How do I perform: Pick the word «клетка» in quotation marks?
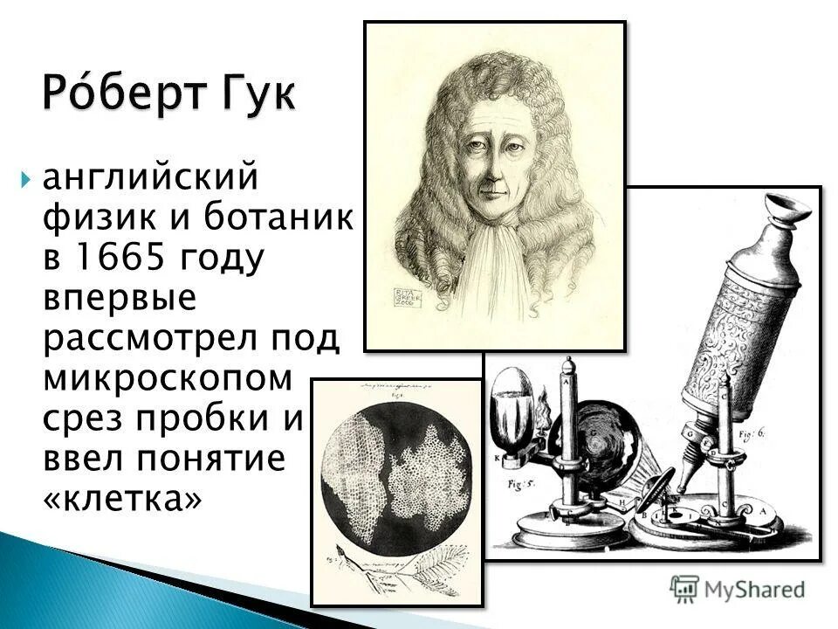(x=122, y=499)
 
